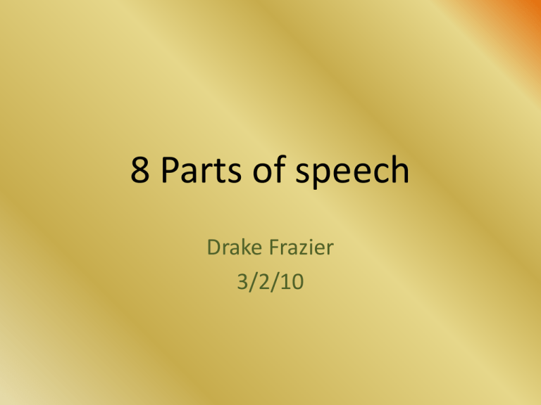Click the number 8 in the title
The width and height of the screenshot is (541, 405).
[x=140, y=169]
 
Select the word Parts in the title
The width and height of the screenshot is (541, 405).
[x=201, y=169]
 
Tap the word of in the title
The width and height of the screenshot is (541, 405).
[x=270, y=169]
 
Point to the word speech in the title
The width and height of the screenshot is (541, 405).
[x=352, y=172]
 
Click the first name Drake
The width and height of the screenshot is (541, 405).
[x=235, y=247]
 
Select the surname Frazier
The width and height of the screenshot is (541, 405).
[x=301, y=247]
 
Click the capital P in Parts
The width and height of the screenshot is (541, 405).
[x=170, y=169]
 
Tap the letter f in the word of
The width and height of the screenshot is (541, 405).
[x=280, y=169]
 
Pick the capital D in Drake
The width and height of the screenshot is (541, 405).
[x=214, y=247]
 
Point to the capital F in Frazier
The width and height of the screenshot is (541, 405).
[x=274, y=247]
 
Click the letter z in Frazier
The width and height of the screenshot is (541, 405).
[x=301, y=249]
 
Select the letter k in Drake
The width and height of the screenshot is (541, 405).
[x=244, y=247]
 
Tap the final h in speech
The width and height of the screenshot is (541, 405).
[x=400, y=169]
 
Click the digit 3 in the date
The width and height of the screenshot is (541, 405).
[x=242, y=281]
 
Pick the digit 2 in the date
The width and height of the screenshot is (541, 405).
[x=264, y=281]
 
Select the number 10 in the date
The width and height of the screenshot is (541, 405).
[x=292, y=281]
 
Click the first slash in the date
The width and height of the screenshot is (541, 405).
[x=254, y=282]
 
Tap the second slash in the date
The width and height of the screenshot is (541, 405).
[x=275, y=282]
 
